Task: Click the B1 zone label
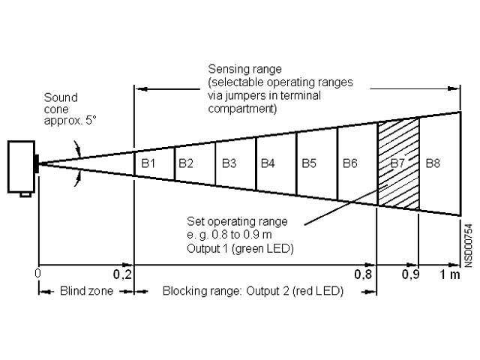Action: tap(148, 163)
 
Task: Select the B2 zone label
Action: tap(186, 163)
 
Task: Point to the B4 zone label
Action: tap(268, 163)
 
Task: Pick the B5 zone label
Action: tap(308, 163)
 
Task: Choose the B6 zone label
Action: tap(349, 163)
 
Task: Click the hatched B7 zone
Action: tap(397, 163)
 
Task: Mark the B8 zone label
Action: tap(432, 163)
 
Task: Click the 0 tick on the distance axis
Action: tap(37, 274)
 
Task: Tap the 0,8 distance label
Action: tap(364, 274)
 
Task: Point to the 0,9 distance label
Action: tap(411, 274)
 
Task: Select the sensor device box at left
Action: tap(22, 166)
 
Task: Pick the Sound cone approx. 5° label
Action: tap(61, 109)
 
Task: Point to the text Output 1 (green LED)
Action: tap(240, 247)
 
